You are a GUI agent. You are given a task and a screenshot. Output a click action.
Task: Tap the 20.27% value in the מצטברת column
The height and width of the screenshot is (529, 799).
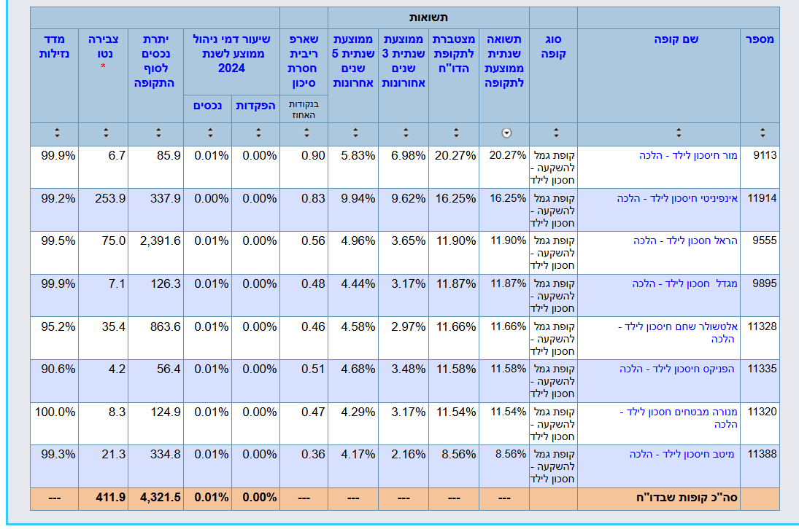[x=456, y=155]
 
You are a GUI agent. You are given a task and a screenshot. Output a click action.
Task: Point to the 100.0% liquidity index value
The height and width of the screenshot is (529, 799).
[x=55, y=412]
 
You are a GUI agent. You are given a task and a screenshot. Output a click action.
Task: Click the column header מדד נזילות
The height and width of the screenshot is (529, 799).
[x=54, y=46]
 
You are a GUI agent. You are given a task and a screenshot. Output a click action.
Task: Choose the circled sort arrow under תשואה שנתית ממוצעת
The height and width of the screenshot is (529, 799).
[x=506, y=133]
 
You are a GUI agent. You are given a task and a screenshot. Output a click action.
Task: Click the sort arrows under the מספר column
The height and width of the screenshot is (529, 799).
[x=763, y=133]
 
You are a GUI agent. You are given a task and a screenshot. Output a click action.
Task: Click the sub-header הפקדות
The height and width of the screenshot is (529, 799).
[x=255, y=106]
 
